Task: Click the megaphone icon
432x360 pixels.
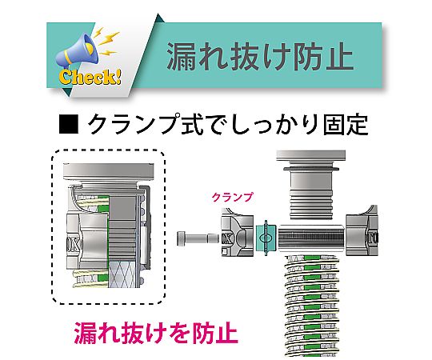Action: (x=77, y=52)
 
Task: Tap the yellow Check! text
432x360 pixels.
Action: (x=90, y=77)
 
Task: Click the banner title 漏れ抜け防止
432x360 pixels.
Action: (x=260, y=57)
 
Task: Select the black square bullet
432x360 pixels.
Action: (x=69, y=124)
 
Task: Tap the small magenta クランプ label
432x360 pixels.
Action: (x=232, y=198)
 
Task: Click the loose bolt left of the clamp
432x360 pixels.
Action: (x=198, y=238)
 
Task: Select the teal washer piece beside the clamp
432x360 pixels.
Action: (x=266, y=238)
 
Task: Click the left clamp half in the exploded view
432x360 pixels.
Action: (x=238, y=233)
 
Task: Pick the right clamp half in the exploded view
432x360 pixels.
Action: (x=362, y=231)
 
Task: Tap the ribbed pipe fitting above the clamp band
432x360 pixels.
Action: (x=310, y=193)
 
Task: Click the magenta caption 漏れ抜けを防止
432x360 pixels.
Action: (x=156, y=333)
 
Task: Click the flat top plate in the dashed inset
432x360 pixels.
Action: (x=108, y=172)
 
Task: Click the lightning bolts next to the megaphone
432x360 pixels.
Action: (x=106, y=42)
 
